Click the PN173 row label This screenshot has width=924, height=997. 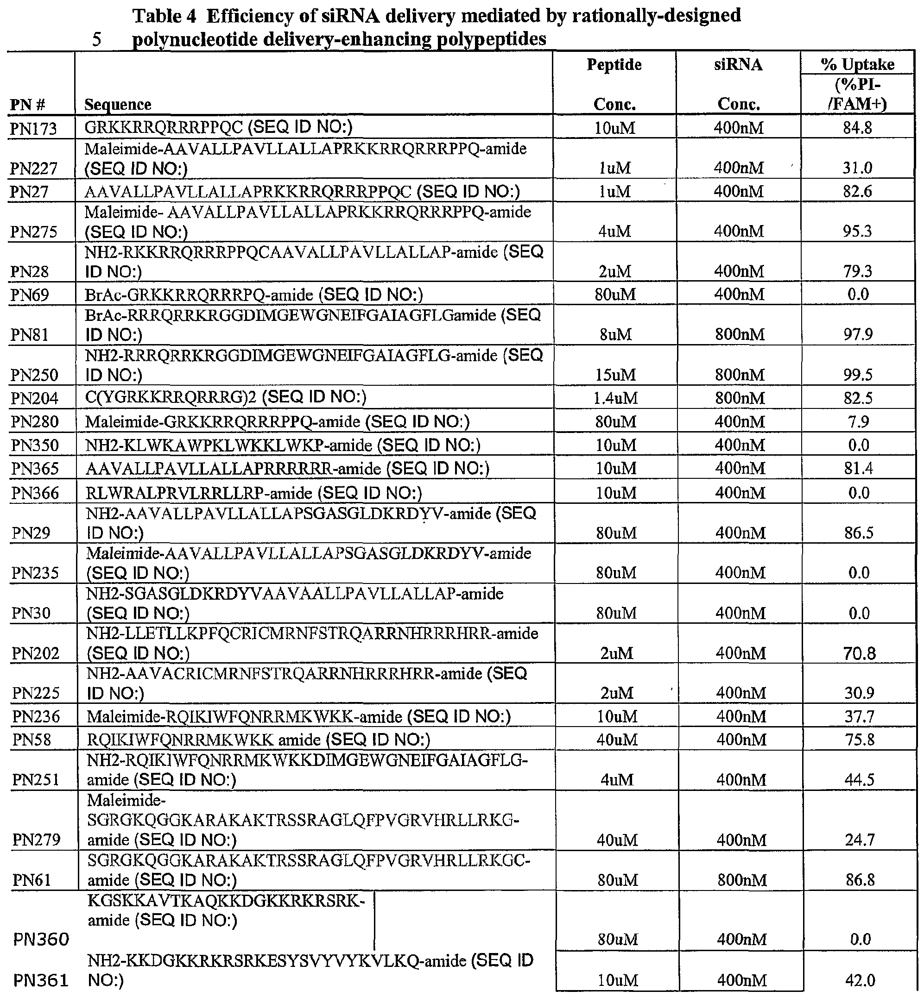[x=33, y=129]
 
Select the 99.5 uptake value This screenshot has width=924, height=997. [x=858, y=375]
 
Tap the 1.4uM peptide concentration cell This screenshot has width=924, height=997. [x=615, y=398]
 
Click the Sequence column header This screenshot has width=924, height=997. [x=118, y=105]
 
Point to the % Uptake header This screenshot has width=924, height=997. [x=857, y=64]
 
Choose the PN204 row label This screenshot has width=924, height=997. [x=34, y=398]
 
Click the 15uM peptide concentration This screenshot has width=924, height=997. [x=615, y=375]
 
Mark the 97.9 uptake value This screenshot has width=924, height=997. [x=858, y=334]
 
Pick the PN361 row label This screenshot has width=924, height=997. [x=40, y=980]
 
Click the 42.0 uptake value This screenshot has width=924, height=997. [x=860, y=980]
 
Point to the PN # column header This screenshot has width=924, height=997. [x=27, y=105]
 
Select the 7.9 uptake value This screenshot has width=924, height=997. [x=859, y=422]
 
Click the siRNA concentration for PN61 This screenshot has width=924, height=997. [x=742, y=879]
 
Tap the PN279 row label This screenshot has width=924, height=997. [x=36, y=840]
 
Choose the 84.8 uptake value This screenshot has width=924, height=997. [x=857, y=128]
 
